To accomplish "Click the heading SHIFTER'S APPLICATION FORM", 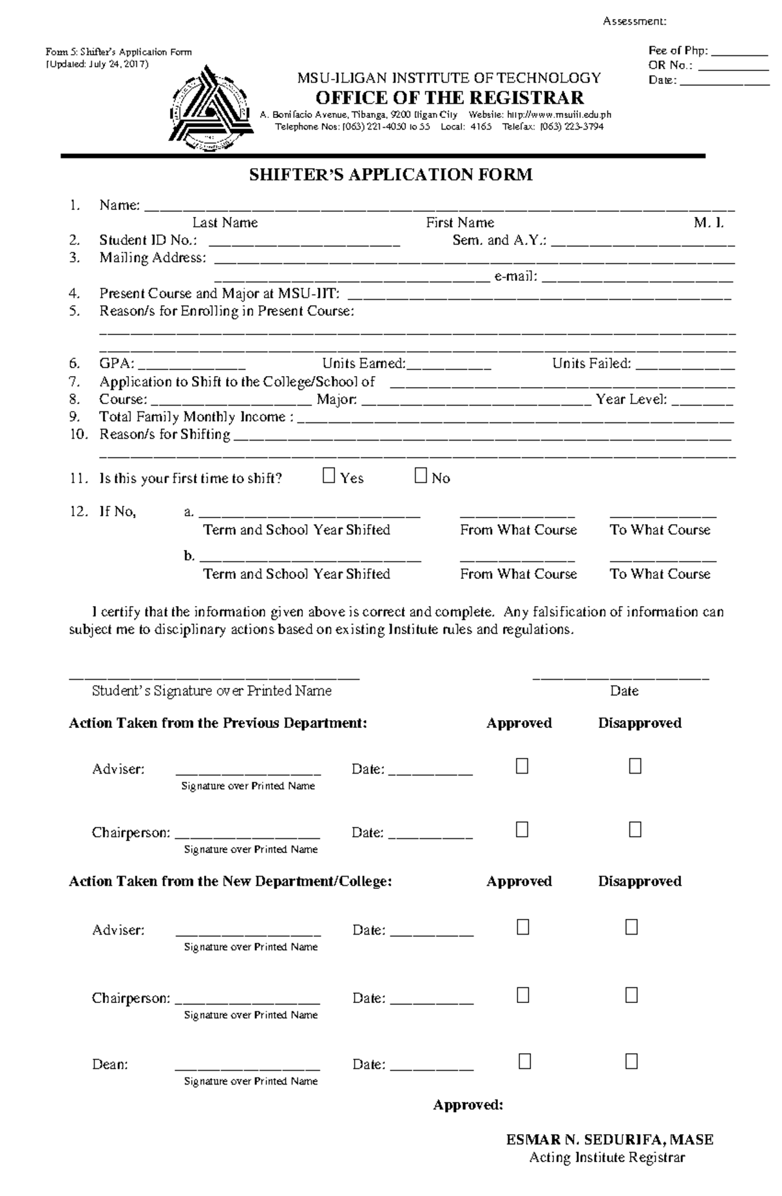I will click(x=390, y=175).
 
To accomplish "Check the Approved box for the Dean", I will click(x=525, y=1062).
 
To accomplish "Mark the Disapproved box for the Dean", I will click(x=631, y=1062).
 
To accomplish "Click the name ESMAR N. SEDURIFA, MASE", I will click(x=609, y=1139).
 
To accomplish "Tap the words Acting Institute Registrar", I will click(x=607, y=1158).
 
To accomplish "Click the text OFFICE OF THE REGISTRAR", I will click(x=450, y=98).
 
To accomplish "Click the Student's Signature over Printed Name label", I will click(x=212, y=691).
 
